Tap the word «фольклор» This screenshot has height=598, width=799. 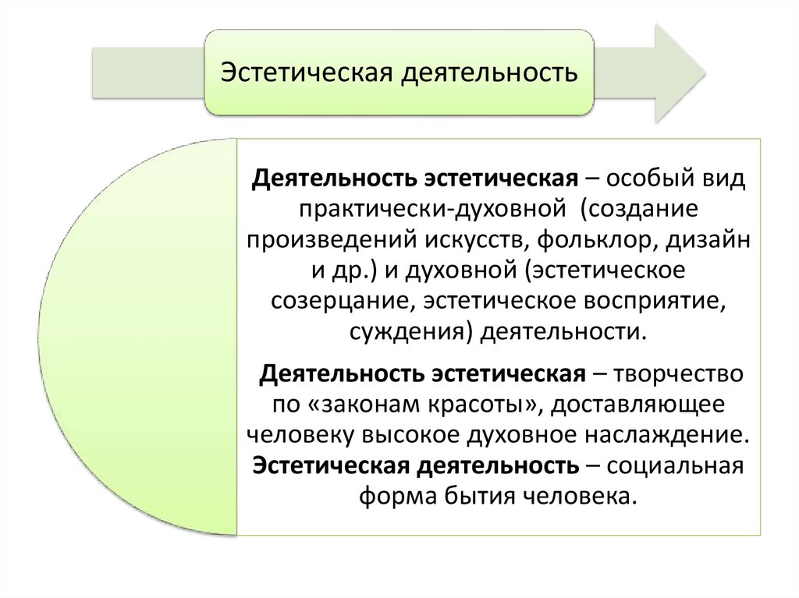[x=595, y=241]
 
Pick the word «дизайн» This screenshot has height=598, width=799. [x=709, y=241]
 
